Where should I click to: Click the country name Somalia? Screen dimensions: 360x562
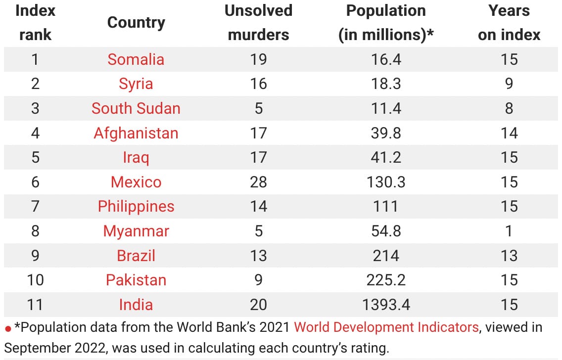(136, 59)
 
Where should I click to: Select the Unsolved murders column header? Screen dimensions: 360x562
(258, 23)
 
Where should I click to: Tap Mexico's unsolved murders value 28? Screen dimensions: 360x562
(258, 182)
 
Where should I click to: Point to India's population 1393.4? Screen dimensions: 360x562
(386, 305)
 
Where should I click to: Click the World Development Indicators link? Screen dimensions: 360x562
(386, 327)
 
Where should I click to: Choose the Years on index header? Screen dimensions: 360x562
(509, 23)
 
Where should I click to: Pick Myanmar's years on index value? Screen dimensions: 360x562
(509, 231)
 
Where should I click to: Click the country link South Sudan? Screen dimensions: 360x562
(136, 108)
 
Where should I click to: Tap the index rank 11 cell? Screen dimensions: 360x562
(35, 305)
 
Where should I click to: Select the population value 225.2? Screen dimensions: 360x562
(386, 280)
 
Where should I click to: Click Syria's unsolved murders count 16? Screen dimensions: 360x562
(258, 84)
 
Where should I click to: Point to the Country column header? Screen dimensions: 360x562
(136, 23)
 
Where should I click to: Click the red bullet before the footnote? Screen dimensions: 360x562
(8, 329)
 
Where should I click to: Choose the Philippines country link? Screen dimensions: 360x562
(136, 206)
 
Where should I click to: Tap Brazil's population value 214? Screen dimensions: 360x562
(386, 256)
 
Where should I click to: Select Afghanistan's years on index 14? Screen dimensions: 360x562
(509, 133)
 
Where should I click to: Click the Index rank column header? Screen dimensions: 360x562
(35, 23)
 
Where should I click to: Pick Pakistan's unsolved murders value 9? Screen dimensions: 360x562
(258, 280)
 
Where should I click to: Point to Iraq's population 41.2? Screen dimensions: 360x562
(386, 157)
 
